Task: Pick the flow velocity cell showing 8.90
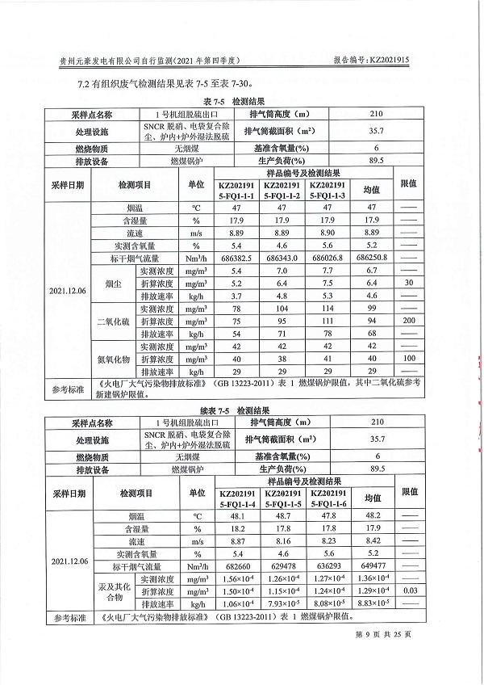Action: tap(327, 233)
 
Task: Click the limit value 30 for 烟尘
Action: tap(408, 283)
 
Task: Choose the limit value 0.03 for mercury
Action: tap(410, 591)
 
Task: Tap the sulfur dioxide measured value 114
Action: tap(327, 309)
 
